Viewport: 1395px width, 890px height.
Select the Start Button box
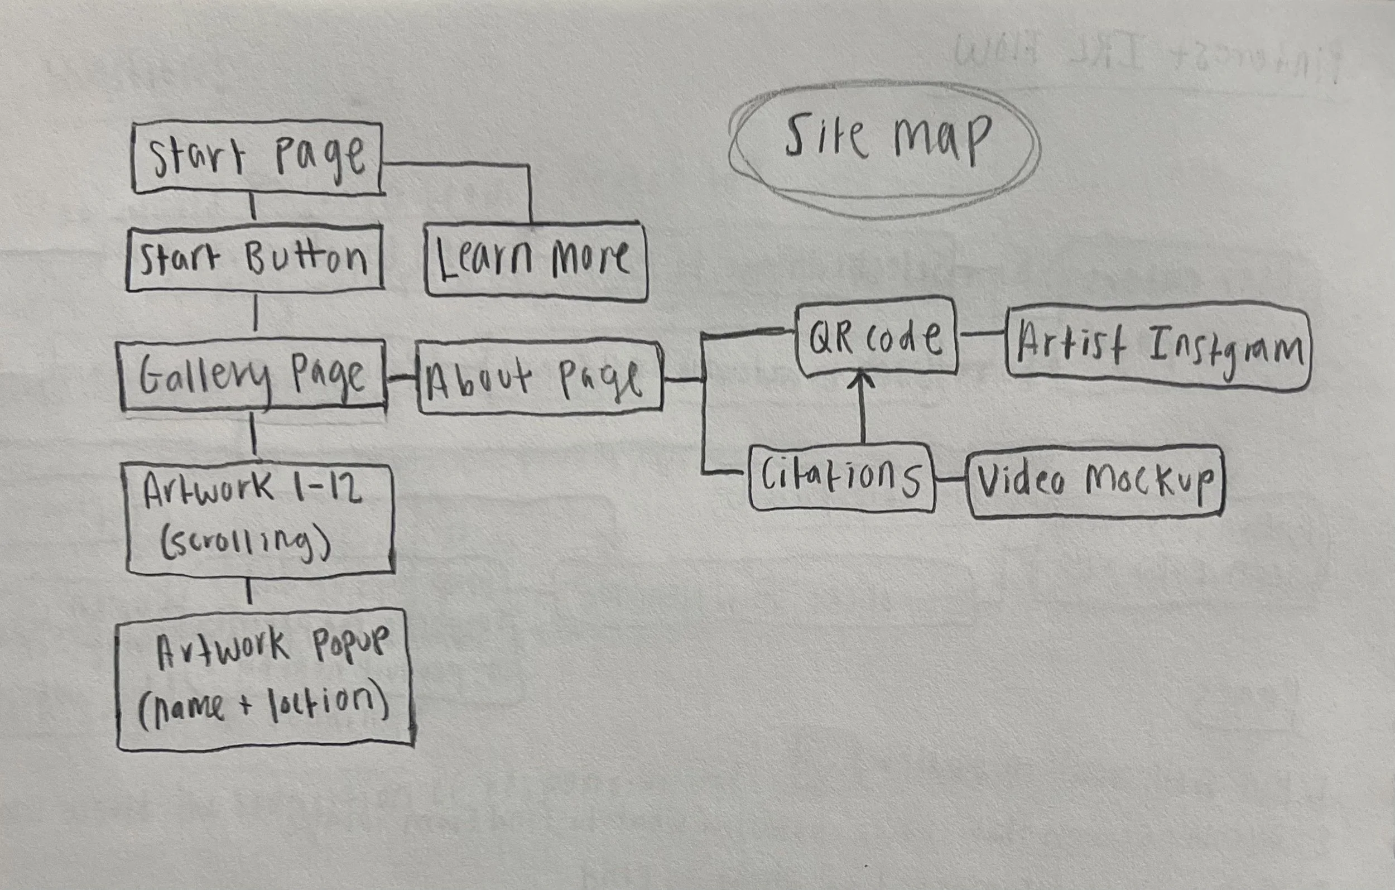click(255, 258)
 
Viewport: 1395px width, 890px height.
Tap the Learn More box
click(535, 261)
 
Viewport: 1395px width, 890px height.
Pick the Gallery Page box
click(253, 376)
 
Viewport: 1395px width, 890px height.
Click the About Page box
click(539, 378)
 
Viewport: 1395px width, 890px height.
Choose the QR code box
click(876, 336)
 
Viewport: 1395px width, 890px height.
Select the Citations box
click(841, 478)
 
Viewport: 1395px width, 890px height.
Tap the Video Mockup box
click(1096, 481)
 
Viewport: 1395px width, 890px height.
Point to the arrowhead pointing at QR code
click(863, 380)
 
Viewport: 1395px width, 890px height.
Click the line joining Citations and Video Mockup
click(950, 480)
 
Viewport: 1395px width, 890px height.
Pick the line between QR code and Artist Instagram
click(982, 334)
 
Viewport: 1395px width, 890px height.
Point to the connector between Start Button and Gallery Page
click(256, 314)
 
